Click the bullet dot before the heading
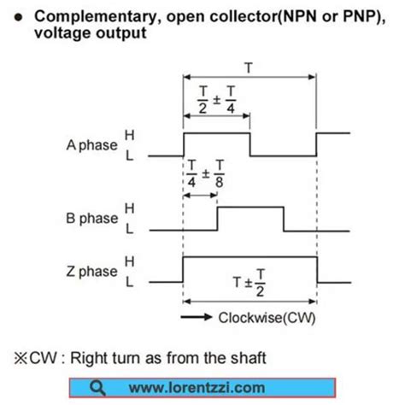[19, 17]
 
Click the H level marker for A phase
[130, 134]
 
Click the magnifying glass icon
[102, 386]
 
